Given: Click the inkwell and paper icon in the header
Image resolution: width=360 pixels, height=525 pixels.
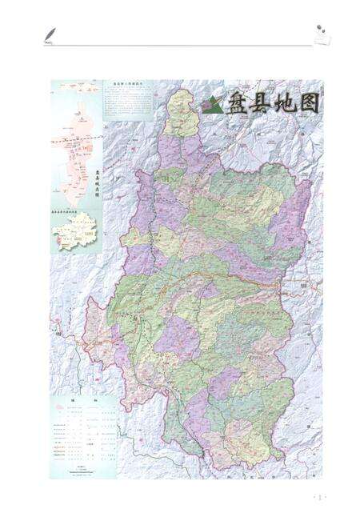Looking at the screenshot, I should (322, 34).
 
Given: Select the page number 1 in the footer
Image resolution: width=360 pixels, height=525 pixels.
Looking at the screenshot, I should (319, 498).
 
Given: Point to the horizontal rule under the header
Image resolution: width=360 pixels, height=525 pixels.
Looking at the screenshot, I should (180, 46).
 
